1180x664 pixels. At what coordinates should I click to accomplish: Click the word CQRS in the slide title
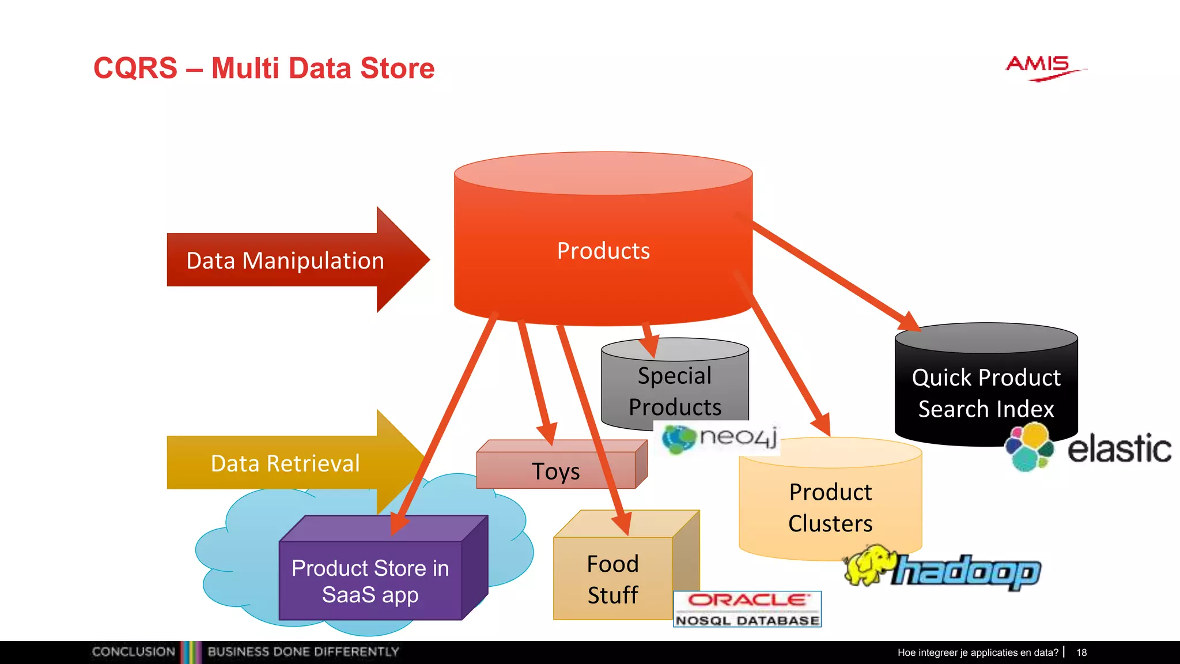pos(135,68)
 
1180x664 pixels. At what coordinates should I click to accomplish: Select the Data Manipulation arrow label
pos(285,261)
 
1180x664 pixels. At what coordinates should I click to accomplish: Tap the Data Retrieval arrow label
pos(285,463)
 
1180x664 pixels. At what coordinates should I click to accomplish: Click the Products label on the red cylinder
pos(603,251)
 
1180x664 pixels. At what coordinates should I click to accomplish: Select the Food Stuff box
pos(612,579)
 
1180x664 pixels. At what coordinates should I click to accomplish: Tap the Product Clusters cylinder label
pos(830,507)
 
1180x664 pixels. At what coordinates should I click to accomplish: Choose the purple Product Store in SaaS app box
pos(370,581)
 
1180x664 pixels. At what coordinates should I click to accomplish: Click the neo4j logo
pos(720,438)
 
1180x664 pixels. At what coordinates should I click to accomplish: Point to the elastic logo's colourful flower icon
pos(1030,447)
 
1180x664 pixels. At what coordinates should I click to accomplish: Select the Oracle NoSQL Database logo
pos(747,609)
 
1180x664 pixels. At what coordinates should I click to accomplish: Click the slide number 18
pos(1081,652)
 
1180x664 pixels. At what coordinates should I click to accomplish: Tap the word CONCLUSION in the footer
pos(133,652)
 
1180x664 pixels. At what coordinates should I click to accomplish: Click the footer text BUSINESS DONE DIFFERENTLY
pos(303,652)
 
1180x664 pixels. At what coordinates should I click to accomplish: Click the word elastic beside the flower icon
pos(1119,450)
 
